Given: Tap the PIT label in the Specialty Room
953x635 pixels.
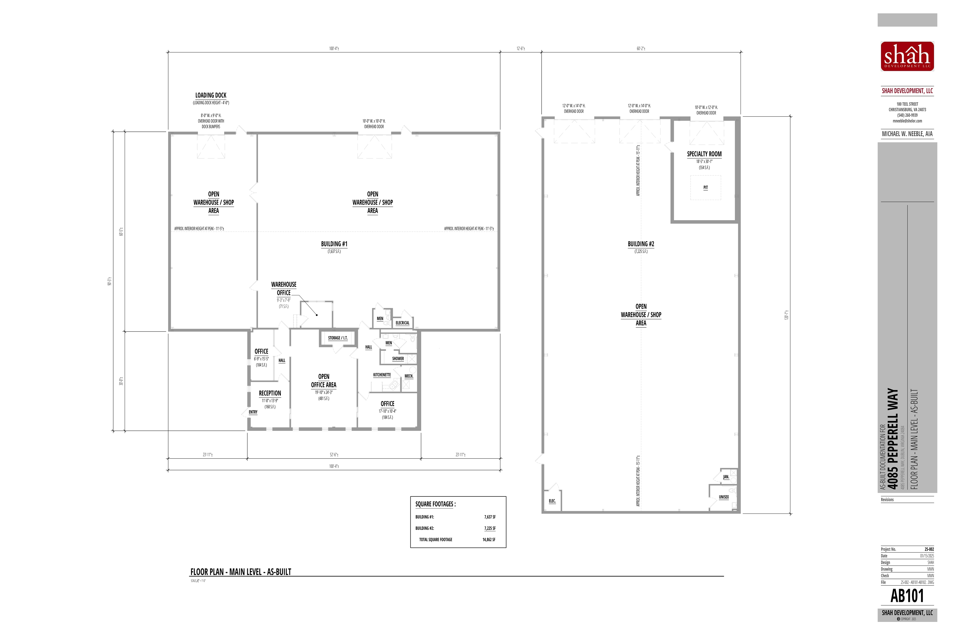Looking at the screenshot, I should click(x=705, y=188).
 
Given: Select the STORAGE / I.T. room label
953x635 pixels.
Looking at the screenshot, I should click(x=338, y=338).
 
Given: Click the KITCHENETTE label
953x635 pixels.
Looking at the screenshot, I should click(x=382, y=375).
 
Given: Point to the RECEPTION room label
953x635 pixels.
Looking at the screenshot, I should click(x=270, y=393).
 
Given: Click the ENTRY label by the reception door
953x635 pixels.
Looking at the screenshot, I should click(x=253, y=412).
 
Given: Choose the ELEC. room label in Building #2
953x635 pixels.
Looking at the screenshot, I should click(x=552, y=501).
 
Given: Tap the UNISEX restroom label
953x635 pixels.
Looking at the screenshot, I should click(x=724, y=497).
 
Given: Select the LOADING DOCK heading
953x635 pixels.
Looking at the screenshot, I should click(x=211, y=95).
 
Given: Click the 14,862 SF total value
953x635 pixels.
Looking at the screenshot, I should click(x=489, y=540).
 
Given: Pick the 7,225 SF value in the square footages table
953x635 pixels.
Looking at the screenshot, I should click(x=490, y=528).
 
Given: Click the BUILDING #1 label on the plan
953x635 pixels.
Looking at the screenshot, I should click(x=334, y=244).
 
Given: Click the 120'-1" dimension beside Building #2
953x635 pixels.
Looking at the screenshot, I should click(x=786, y=315).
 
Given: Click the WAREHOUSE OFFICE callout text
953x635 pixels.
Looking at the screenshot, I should click(x=284, y=288).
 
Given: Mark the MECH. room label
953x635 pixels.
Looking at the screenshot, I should click(x=409, y=376).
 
